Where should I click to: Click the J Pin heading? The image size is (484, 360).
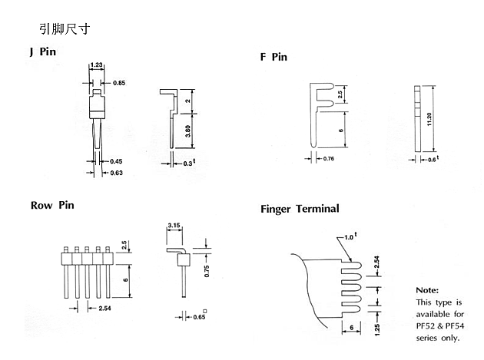point(43,52)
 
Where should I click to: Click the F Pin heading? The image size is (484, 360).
point(273,57)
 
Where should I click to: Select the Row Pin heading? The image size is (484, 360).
point(52,205)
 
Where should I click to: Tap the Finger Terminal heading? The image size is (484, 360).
point(300,209)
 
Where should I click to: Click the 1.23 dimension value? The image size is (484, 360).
point(98,65)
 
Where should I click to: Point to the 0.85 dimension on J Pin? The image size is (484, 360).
point(120,82)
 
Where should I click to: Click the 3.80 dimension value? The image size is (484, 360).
point(189,130)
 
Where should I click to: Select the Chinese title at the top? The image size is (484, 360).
point(66,28)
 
